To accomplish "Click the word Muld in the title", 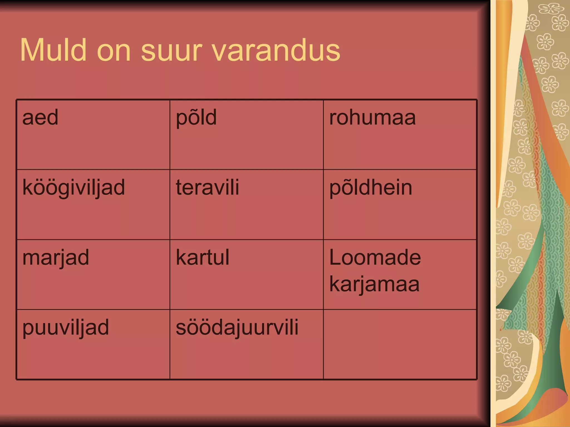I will tap(53, 50).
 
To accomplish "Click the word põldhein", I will tap(371, 188).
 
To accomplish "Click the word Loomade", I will tap(375, 257).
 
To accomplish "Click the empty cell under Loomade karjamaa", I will tap(400, 344).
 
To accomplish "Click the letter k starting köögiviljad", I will tap(27, 187).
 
